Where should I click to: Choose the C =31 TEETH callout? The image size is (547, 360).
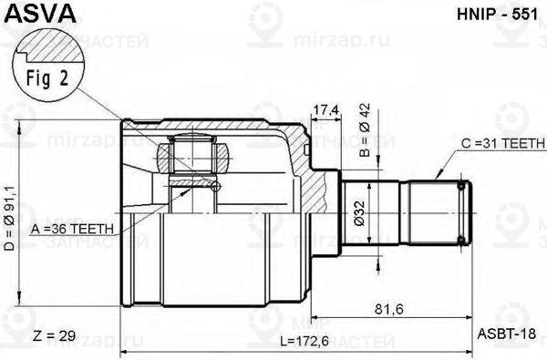(501, 144)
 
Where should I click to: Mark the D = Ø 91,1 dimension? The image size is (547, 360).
(10, 219)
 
